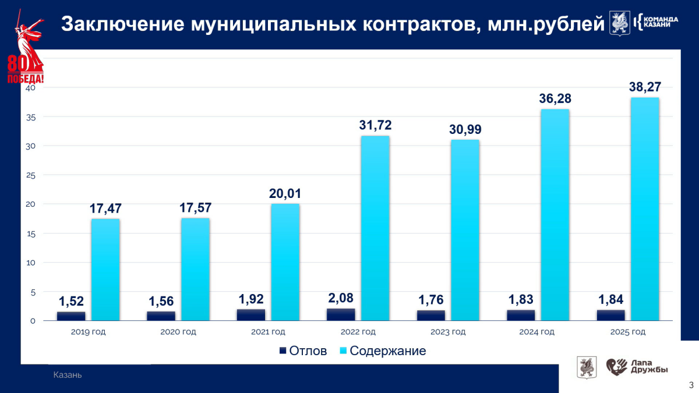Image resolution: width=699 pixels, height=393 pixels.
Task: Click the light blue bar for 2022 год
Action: pyautogui.click(x=375, y=228)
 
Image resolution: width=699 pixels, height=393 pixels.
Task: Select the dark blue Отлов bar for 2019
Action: pyautogui.click(x=71, y=316)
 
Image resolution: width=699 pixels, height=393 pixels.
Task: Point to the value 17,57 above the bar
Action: pyautogui.click(x=195, y=208)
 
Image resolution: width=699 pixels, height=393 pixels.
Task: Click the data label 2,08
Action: pyautogui.click(x=341, y=298)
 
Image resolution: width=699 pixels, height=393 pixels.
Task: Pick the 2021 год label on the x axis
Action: pyautogui.click(x=268, y=332)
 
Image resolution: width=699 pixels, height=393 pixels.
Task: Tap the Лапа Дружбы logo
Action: pyautogui.click(x=637, y=367)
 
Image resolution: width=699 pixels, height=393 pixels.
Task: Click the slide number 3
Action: pyautogui.click(x=691, y=385)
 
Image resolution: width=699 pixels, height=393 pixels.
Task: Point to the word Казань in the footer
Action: pyautogui.click(x=68, y=375)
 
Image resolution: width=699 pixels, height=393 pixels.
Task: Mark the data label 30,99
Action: pyautogui.click(x=465, y=129)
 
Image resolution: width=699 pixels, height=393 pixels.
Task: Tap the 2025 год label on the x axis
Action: pyautogui.click(x=627, y=332)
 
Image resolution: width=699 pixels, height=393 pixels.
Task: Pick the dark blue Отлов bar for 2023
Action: pyautogui.click(x=430, y=315)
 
